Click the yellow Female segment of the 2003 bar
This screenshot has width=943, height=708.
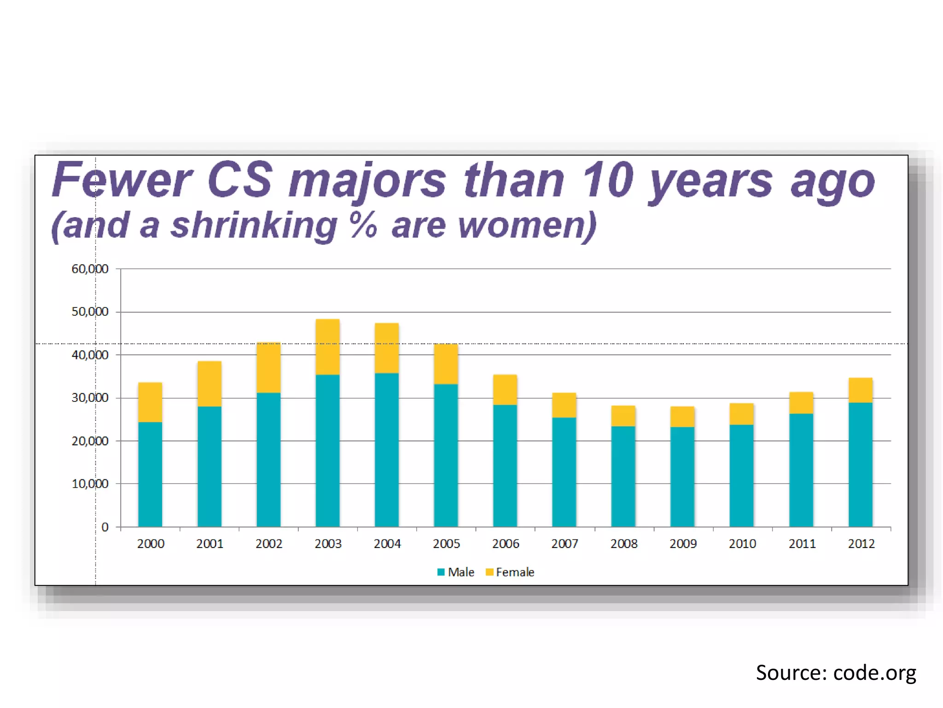327,347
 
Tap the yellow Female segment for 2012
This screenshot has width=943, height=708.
860,390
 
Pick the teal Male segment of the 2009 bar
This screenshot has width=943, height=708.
682,477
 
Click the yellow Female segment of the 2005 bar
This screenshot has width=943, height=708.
446,364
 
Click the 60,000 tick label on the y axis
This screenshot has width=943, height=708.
90,269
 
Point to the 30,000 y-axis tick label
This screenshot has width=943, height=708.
90,398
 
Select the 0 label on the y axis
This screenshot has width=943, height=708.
105,527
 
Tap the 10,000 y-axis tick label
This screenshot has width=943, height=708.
90,484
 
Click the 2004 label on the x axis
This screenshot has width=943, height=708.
387,544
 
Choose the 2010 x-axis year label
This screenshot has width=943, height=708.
742,544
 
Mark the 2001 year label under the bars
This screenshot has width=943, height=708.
210,544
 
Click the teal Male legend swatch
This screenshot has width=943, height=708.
441,572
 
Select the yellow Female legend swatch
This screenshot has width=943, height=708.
489,572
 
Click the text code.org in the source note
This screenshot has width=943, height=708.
874,673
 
